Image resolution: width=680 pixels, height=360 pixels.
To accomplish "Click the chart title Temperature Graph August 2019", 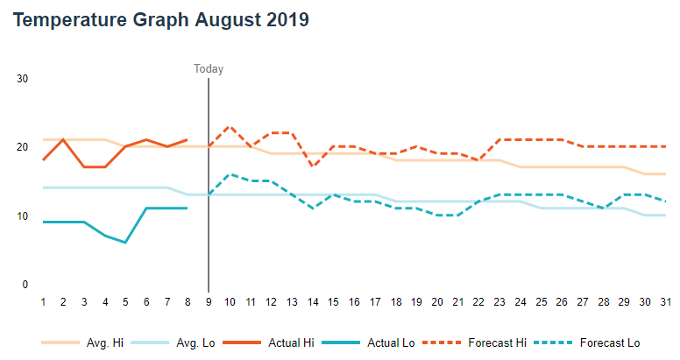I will click(161, 20).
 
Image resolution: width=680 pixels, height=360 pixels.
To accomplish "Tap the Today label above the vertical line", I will click(209, 69).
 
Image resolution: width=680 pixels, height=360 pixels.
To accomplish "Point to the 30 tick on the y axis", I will click(23, 79).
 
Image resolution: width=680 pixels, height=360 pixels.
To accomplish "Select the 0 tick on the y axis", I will click(25, 285).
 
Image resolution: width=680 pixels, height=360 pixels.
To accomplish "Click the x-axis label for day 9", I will click(209, 302).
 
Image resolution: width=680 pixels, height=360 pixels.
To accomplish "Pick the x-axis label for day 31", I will click(666, 302).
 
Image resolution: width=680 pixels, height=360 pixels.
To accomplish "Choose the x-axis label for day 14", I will click(313, 302).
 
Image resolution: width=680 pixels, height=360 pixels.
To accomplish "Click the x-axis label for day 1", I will click(43, 302).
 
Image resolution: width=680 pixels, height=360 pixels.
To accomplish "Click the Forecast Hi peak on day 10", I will click(230, 127).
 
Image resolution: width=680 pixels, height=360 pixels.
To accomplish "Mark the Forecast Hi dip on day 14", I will click(313, 166).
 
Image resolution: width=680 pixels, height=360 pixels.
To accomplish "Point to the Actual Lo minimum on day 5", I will click(126, 243).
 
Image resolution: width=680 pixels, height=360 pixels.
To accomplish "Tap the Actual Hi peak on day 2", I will click(63, 139).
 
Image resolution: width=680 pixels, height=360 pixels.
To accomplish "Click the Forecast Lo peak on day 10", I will click(230, 174).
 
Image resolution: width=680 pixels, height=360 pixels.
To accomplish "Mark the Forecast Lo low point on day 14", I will click(313, 208).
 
